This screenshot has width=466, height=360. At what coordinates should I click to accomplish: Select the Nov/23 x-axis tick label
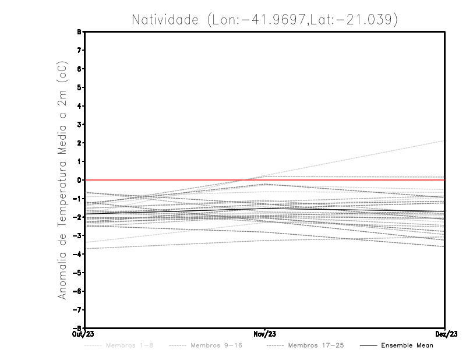[265, 334]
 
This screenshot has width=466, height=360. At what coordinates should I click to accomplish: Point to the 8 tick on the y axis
[80, 32]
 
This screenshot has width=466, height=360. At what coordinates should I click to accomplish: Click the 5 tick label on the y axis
[80, 87]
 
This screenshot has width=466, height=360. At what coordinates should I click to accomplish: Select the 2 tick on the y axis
[80, 143]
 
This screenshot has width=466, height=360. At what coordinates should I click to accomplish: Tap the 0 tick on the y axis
[80, 180]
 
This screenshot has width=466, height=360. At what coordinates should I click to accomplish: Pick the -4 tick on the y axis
[78, 254]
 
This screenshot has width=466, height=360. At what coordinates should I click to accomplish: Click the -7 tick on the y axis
[78, 309]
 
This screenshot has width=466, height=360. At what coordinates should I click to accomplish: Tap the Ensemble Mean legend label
[407, 345]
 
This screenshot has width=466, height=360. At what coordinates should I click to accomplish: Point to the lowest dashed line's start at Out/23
[86, 249]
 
